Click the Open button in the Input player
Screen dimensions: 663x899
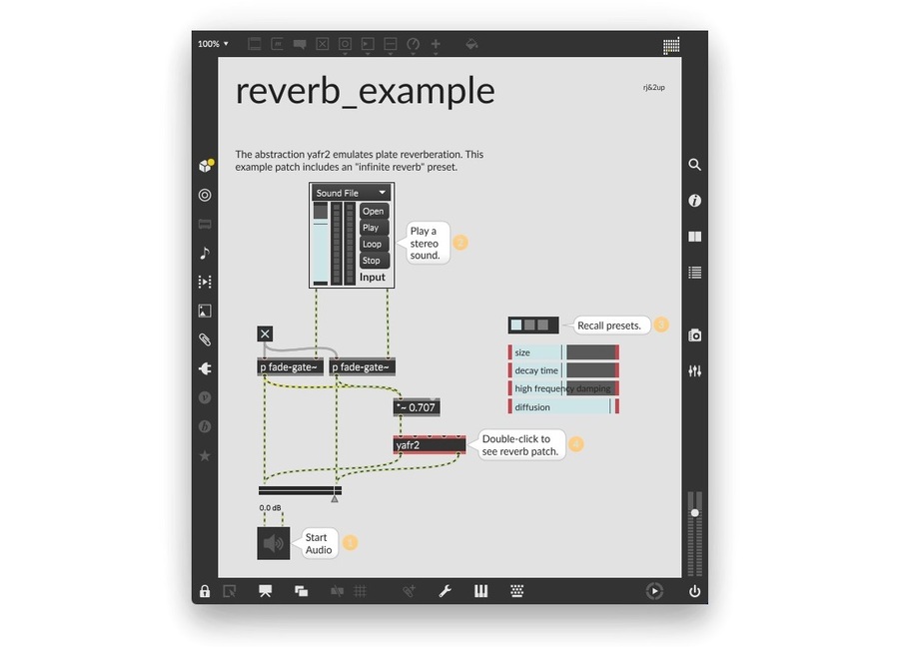coord(373,211)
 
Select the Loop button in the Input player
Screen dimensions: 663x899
coord(372,244)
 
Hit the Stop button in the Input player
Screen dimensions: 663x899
coord(372,261)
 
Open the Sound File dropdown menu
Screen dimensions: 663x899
coord(351,193)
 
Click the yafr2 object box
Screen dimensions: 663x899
coord(430,445)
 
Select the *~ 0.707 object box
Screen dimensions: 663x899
coord(417,407)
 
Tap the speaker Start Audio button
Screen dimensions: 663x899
coord(273,543)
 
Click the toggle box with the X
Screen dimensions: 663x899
coord(265,333)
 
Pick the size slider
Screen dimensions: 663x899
coord(564,352)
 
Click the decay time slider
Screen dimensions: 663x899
coord(564,370)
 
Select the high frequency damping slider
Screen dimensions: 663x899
coord(564,388)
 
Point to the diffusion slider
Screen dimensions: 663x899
coord(564,407)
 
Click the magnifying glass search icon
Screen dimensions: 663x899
coord(695,165)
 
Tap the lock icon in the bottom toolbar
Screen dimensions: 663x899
coord(205,591)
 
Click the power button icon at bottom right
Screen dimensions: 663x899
coord(694,591)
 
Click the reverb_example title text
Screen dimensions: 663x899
coord(365,91)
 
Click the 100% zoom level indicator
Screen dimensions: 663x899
coord(213,44)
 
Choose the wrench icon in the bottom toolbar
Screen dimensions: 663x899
coord(446,591)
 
